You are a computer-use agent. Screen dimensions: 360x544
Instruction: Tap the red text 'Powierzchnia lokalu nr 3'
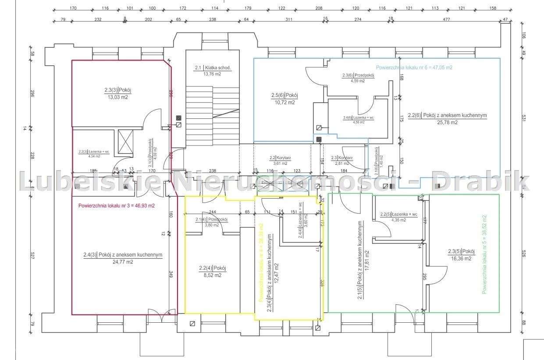click(x=116, y=205)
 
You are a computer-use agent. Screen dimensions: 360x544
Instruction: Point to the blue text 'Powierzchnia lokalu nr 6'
click(x=414, y=68)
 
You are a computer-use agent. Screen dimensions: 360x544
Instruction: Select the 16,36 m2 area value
click(x=461, y=258)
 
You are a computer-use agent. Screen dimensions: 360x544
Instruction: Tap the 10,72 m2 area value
click(x=285, y=102)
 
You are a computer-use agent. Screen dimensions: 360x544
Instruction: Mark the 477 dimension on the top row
click(x=447, y=19)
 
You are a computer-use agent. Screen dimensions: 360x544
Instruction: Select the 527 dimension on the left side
click(x=32, y=256)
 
